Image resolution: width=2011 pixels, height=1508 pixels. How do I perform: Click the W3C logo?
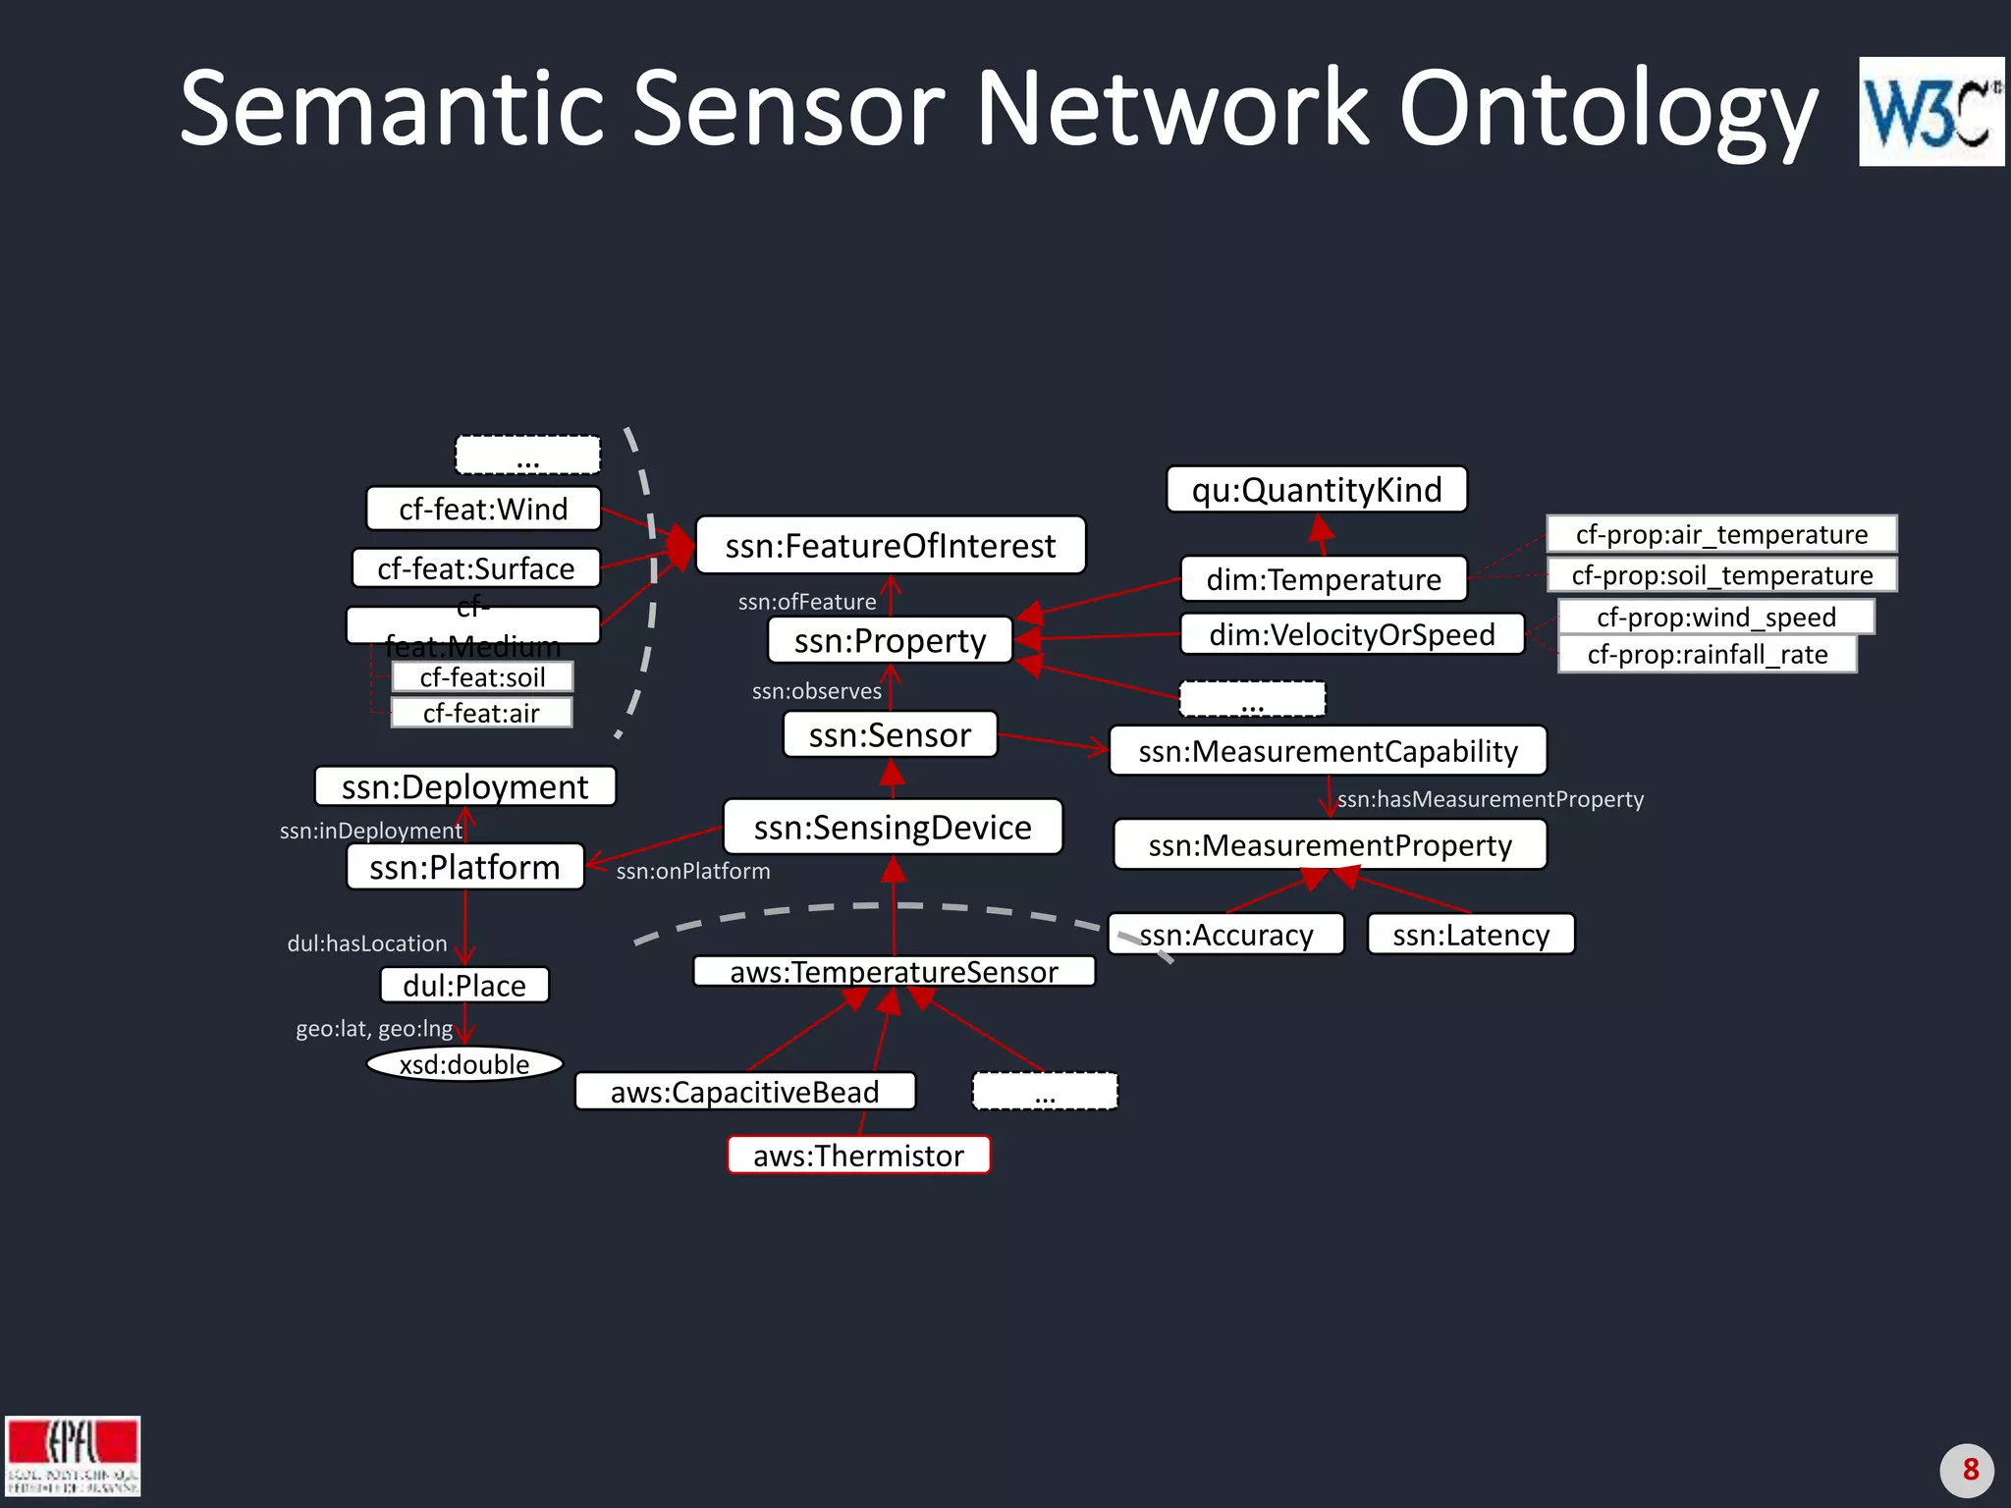(x=1929, y=111)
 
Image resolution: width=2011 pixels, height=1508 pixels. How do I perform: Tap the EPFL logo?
(x=73, y=1455)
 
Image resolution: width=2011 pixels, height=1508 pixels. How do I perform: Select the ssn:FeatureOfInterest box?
(x=890, y=545)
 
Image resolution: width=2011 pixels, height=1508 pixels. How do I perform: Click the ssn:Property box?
(x=890, y=640)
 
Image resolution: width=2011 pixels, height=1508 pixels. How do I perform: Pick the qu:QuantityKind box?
(x=1316, y=489)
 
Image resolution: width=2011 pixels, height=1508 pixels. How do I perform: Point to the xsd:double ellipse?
(x=464, y=1063)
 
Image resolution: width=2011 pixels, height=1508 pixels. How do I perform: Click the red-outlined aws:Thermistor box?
(x=858, y=1155)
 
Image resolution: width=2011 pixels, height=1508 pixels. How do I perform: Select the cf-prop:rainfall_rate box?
(x=1707, y=654)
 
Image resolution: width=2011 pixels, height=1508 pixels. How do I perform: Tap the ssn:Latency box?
(x=1470, y=934)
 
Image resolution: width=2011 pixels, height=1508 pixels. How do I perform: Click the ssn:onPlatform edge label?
(x=692, y=871)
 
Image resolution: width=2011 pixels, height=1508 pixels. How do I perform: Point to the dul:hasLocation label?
(x=366, y=943)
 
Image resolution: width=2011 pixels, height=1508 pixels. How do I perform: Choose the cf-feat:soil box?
(x=482, y=676)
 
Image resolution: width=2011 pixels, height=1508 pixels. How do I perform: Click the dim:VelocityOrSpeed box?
(x=1351, y=634)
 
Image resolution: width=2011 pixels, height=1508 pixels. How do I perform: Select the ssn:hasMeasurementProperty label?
(x=1490, y=799)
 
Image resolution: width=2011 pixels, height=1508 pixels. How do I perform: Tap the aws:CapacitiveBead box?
(x=744, y=1091)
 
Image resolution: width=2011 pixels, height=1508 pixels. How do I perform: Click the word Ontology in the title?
(x=1607, y=110)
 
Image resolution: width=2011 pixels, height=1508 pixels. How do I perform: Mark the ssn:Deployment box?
(x=464, y=786)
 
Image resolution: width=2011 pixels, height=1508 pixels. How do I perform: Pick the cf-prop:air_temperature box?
(x=1720, y=534)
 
